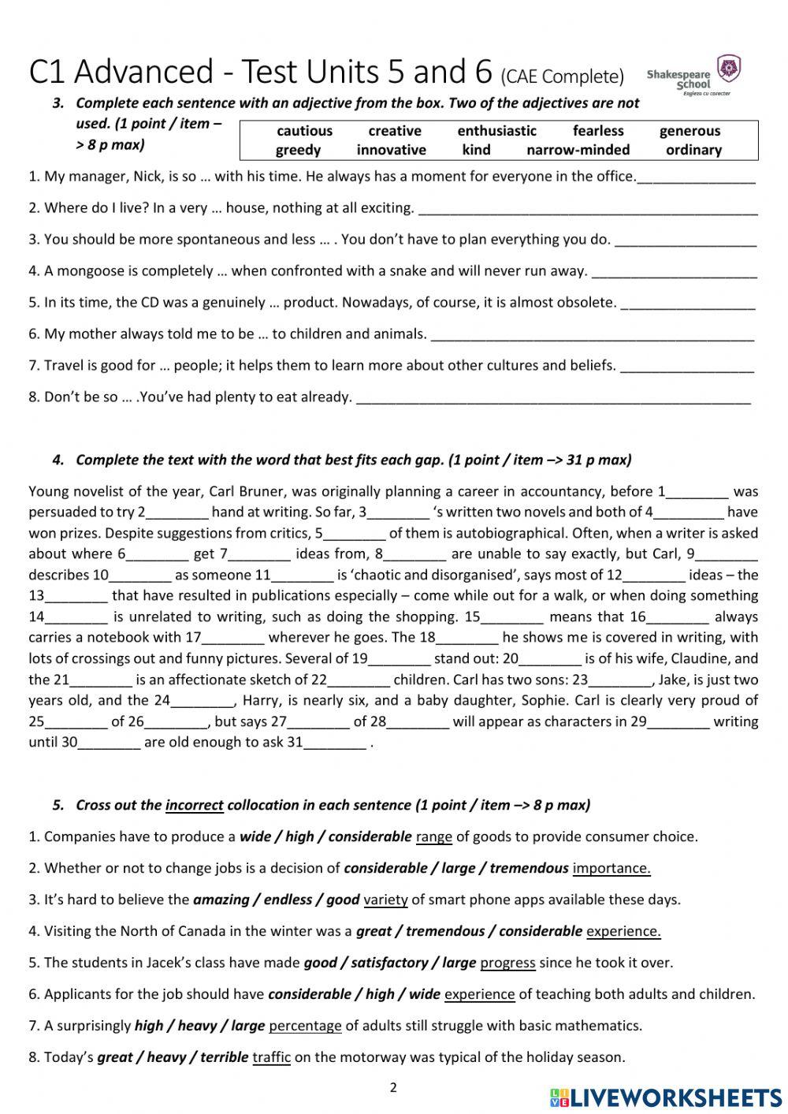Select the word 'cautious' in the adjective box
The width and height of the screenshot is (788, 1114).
(x=304, y=131)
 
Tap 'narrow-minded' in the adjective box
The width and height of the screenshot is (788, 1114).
(x=578, y=150)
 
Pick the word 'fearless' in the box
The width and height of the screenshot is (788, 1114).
(x=598, y=131)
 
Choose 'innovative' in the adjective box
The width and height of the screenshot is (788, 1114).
(x=391, y=150)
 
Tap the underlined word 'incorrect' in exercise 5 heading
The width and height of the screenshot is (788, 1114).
(x=194, y=805)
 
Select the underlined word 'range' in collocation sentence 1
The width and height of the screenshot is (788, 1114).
(x=433, y=836)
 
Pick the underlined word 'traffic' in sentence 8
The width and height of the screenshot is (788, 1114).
(x=271, y=1057)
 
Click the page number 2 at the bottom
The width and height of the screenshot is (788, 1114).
(x=393, y=1088)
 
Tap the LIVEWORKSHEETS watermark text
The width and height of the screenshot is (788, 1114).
(x=675, y=1097)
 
